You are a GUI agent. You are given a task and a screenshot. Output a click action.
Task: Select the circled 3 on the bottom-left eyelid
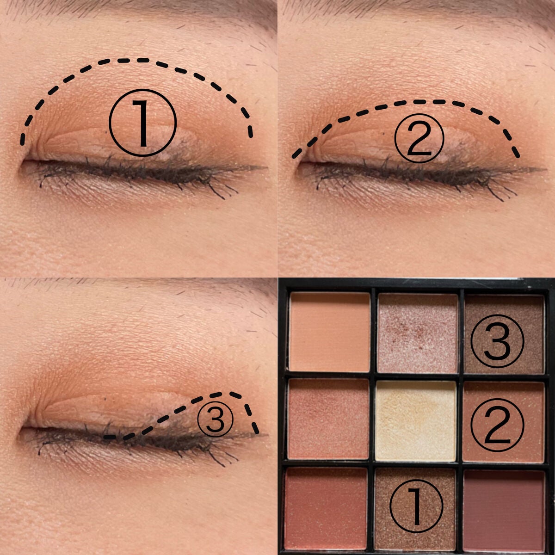point(215,418)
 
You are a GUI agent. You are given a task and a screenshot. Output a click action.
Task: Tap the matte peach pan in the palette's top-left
point(329,332)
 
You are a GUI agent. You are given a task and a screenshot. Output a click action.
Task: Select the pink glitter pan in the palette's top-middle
point(417,332)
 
